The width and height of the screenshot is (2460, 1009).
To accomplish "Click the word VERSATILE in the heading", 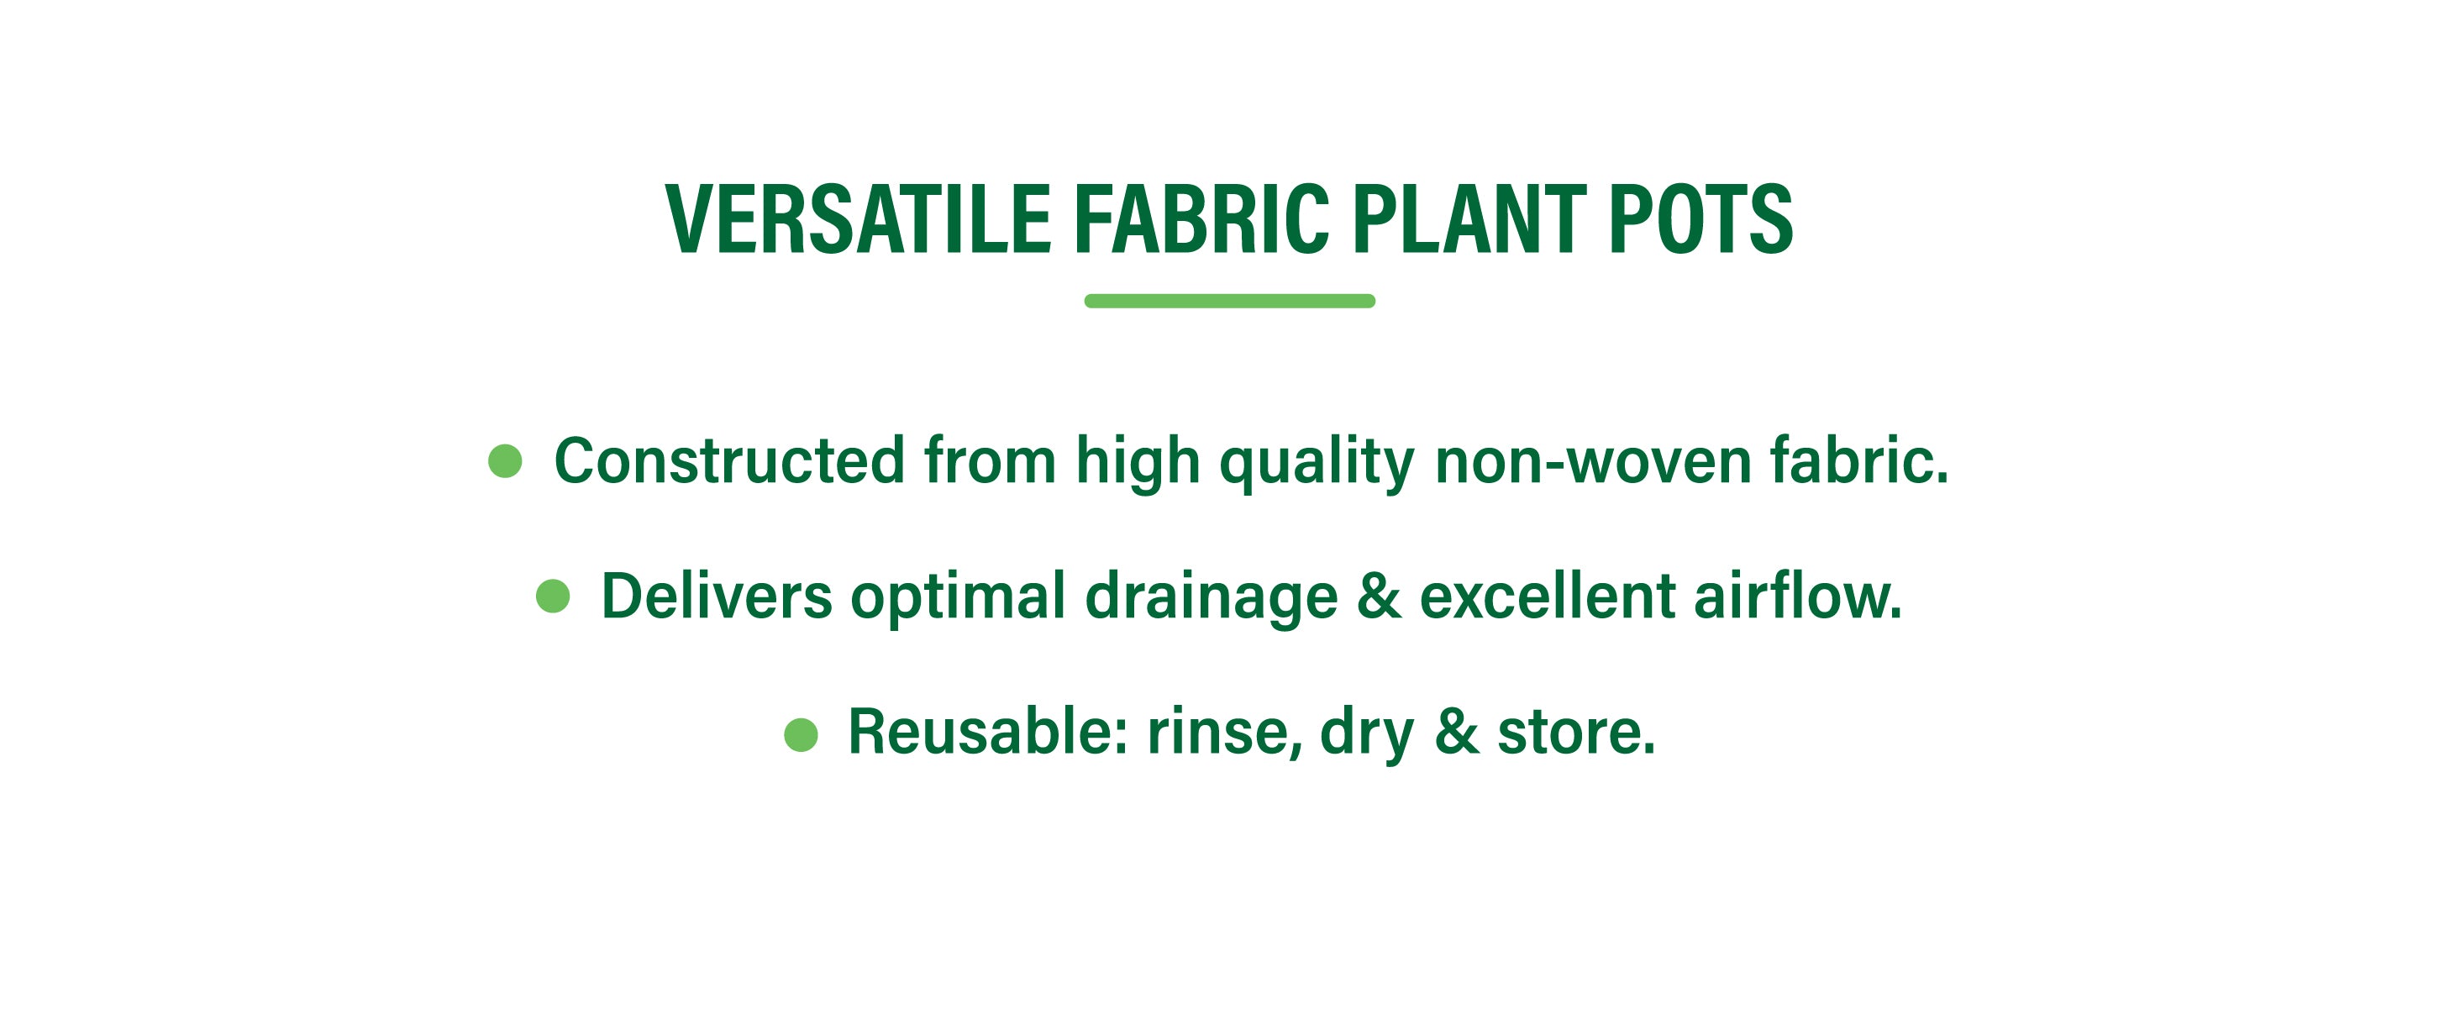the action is coord(858,219).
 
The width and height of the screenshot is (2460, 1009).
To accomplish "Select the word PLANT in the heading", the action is coord(1469,219).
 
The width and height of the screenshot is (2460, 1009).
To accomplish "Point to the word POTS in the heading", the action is coord(1700,219).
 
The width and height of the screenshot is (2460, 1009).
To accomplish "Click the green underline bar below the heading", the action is coord(1230,301).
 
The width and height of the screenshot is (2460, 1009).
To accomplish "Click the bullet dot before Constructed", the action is coord(505,461).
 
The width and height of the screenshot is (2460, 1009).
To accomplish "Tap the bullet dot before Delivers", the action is coord(553,596).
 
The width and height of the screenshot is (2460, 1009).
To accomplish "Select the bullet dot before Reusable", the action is coord(802,734).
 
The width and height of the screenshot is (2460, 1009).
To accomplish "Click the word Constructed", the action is coord(729,461).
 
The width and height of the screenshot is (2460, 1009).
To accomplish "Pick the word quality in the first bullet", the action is coord(1317,464).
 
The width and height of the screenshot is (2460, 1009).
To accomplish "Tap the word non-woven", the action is coord(1593,462).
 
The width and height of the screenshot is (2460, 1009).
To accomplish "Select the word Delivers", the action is coord(716,596).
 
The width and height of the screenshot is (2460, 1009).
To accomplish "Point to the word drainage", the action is coord(1211,600).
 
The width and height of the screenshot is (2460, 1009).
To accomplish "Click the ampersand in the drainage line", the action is coord(1379,596).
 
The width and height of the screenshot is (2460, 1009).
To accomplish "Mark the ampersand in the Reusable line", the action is coord(1456,732).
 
